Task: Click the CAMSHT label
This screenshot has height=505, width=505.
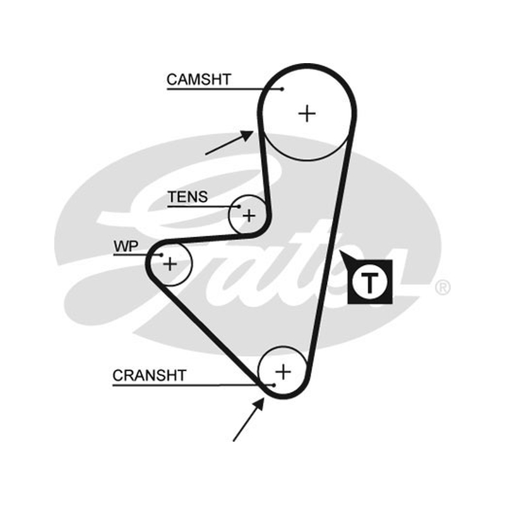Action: click(199, 80)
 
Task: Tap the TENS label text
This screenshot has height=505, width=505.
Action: click(187, 197)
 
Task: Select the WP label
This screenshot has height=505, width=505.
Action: click(126, 246)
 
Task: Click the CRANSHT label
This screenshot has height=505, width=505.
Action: click(150, 375)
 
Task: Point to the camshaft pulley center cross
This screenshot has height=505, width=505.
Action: click(307, 114)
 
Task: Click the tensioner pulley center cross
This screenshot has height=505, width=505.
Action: click(249, 215)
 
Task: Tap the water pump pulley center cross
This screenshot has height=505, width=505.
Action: click(170, 264)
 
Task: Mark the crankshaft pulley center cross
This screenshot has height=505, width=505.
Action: click(283, 372)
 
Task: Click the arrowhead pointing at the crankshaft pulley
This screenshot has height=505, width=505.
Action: click(259, 404)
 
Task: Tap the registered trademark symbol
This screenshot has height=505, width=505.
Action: click(443, 288)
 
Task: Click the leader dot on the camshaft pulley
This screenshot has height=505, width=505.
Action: click(282, 89)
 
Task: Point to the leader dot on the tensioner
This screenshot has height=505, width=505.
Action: click(239, 207)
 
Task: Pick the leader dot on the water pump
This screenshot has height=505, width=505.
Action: click(162, 256)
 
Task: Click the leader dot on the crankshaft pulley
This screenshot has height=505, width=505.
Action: click(273, 385)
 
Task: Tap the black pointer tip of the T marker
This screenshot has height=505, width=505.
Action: click(340, 251)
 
